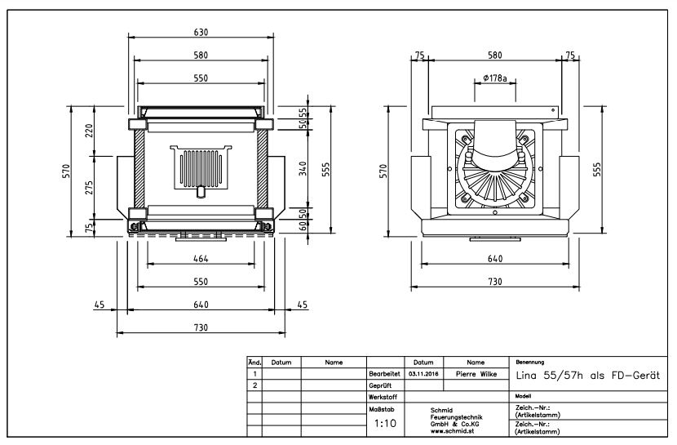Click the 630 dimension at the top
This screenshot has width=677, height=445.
tap(201, 33)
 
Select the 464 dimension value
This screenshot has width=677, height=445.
tap(201, 259)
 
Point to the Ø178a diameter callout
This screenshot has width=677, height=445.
tap(495, 78)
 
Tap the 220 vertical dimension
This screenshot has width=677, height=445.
tap(89, 131)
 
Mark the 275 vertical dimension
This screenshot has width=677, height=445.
tap(89, 188)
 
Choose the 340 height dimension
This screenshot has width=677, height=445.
tap(303, 168)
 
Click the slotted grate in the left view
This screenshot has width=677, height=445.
tap(201, 167)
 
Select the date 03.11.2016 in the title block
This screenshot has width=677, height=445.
tap(423, 374)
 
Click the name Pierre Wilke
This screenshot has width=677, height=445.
tap(476, 374)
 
